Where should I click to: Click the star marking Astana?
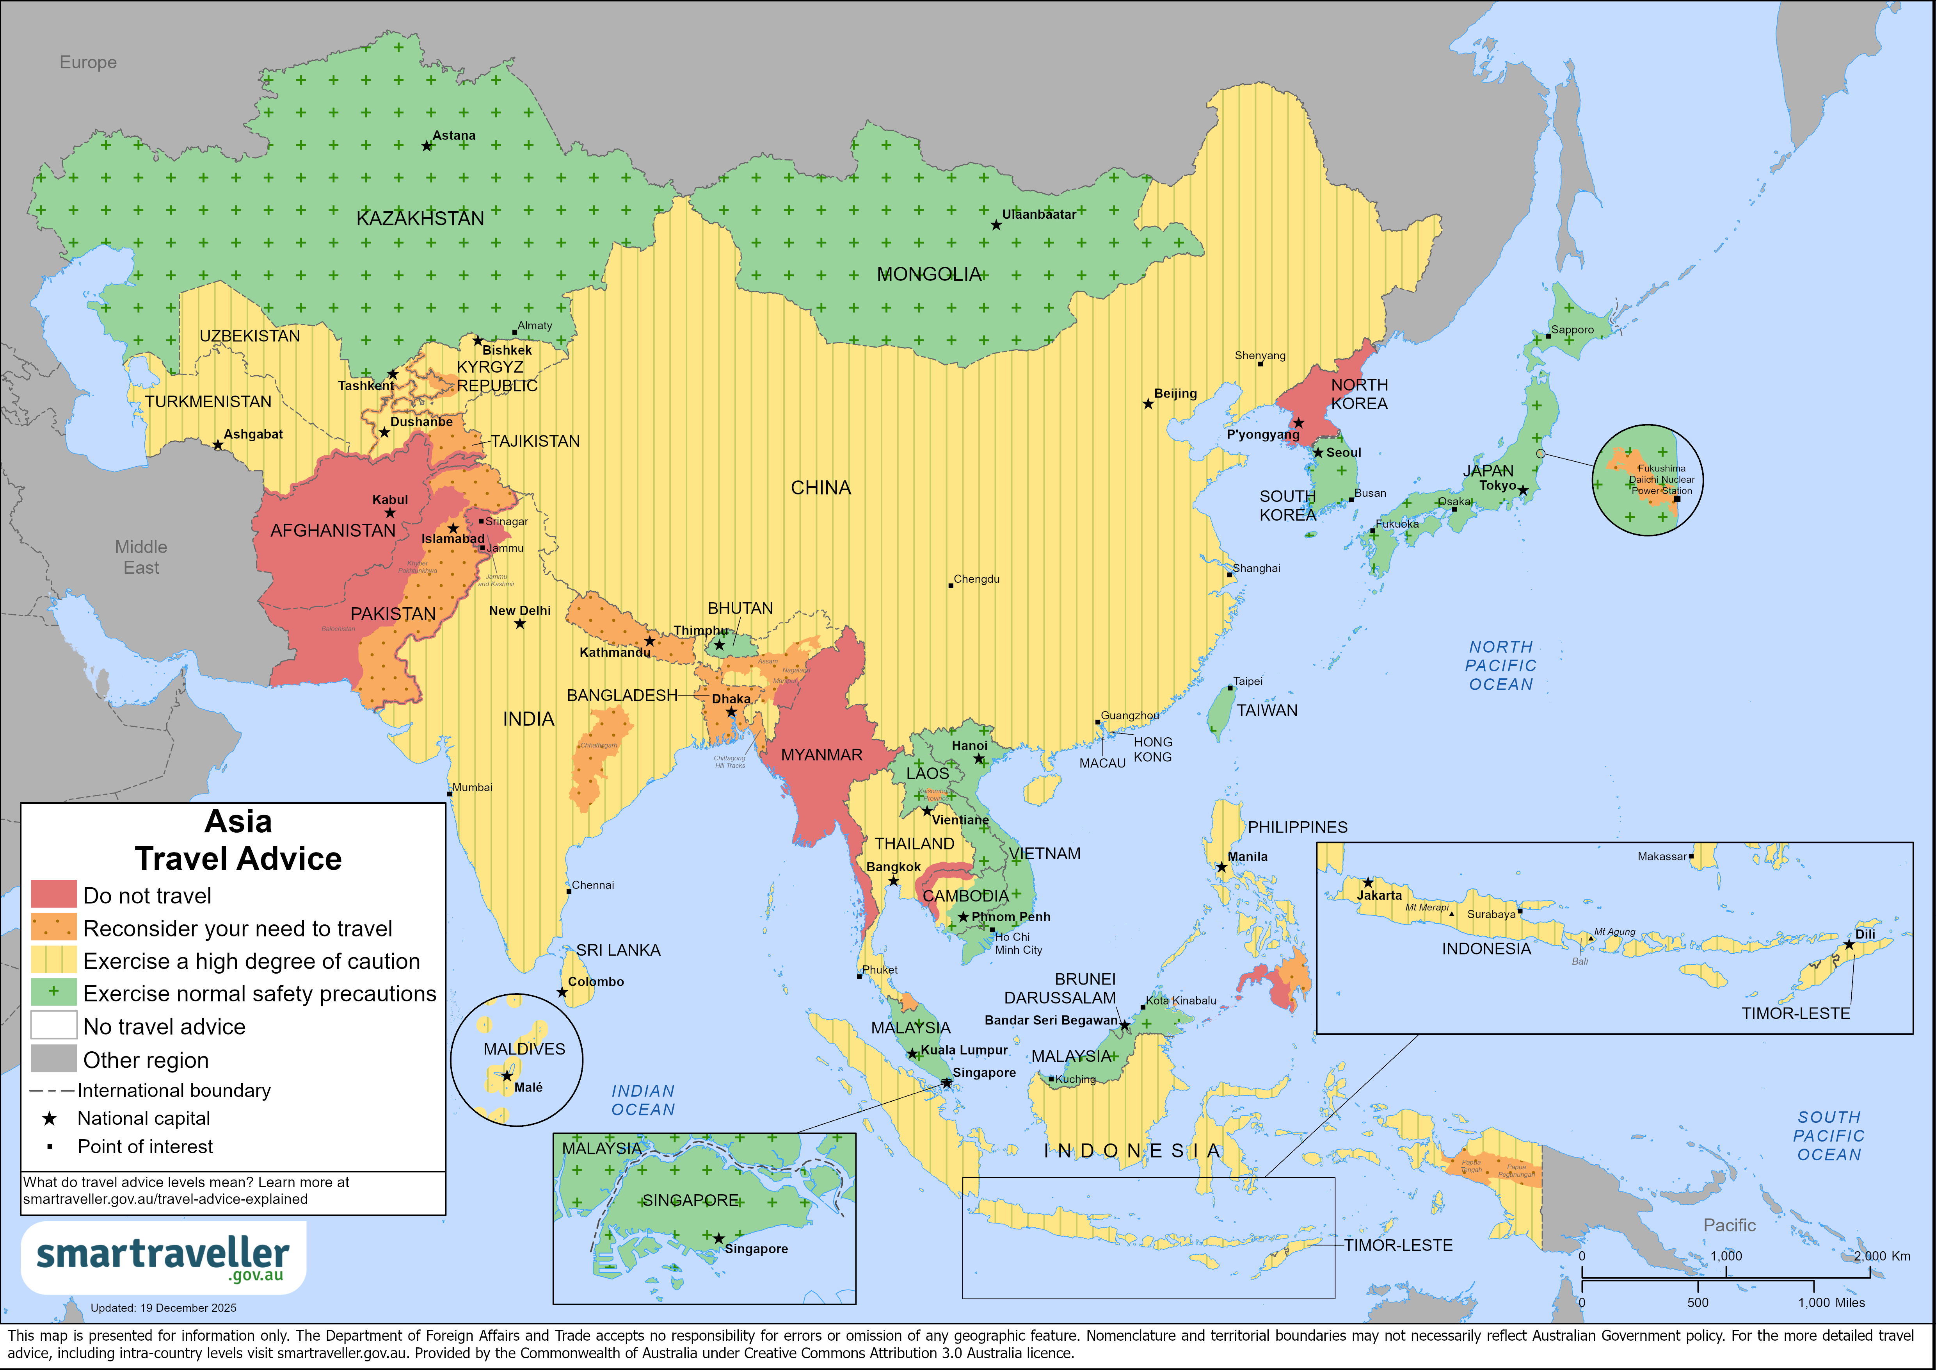(427, 146)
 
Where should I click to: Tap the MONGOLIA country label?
(928, 274)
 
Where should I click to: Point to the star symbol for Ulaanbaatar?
(996, 225)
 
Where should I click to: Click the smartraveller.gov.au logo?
(163, 1257)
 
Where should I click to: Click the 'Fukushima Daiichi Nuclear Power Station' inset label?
(1661, 479)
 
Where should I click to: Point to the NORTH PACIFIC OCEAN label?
(1501, 665)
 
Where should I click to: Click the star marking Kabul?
(389, 513)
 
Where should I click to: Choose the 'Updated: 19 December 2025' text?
(164, 1308)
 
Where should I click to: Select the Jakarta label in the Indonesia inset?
(1380, 895)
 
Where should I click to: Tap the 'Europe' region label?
(88, 62)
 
